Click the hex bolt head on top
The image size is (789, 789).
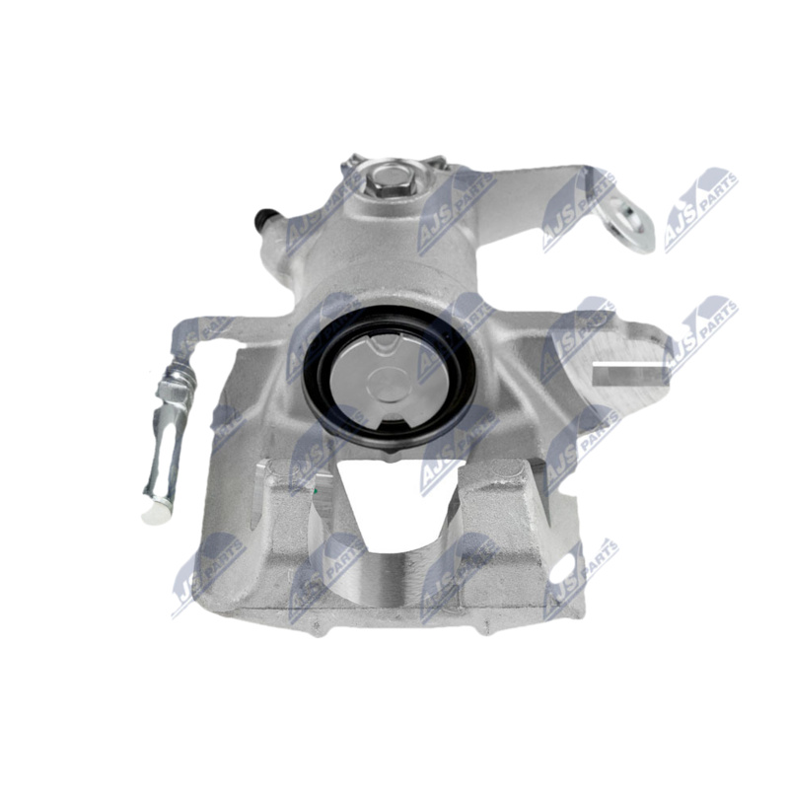[x=388, y=178]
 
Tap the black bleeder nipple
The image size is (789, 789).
[x=262, y=218]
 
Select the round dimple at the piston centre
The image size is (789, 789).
[x=388, y=385]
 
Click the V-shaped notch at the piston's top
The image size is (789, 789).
[x=382, y=341]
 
